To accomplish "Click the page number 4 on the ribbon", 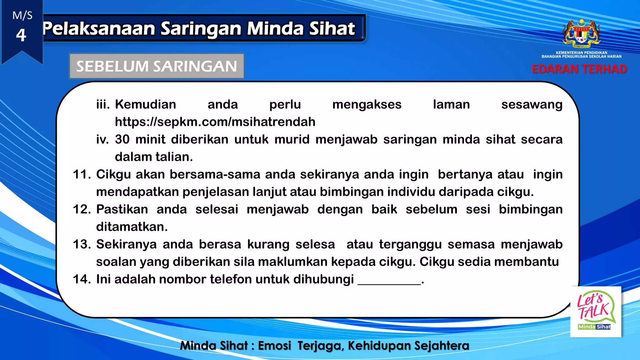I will [21, 35].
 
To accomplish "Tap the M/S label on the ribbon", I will [22, 15].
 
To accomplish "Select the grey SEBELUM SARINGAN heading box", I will [157, 66].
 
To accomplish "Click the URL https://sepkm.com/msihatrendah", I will [215, 122].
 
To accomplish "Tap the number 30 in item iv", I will [122, 139].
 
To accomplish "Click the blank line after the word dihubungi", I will [389, 281].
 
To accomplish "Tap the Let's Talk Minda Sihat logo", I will [596, 312].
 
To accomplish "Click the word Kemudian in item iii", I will [145, 104].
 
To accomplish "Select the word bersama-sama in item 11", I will [215, 174].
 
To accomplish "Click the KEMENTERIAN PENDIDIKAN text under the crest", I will [581, 52].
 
